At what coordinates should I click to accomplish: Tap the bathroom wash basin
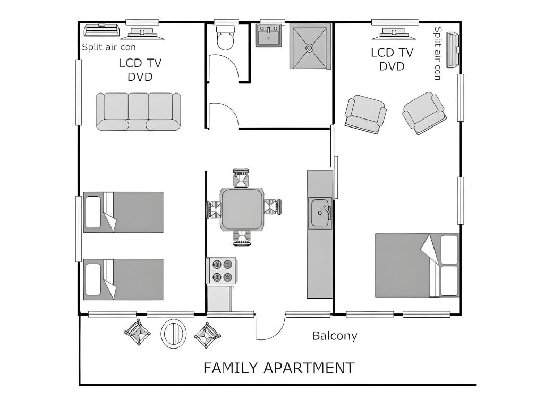tap(269, 35)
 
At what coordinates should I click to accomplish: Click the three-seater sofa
tap(138, 112)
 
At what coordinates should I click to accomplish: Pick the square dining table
tap(242, 209)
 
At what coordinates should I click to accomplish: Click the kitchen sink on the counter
tap(320, 213)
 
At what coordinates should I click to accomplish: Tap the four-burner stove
tap(222, 270)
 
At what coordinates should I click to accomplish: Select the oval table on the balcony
tap(174, 334)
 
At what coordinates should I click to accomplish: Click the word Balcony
tap(335, 336)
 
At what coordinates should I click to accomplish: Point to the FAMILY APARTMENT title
tap(278, 368)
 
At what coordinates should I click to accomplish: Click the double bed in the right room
tap(416, 265)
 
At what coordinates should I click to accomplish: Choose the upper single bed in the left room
tap(123, 212)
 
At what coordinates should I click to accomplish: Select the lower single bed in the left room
tap(123, 279)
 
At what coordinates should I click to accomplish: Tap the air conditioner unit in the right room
tap(453, 49)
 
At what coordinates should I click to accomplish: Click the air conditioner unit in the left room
tap(101, 30)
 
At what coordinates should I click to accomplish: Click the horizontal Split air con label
tap(108, 47)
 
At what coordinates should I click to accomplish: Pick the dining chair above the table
tap(241, 178)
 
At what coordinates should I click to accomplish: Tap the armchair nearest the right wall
tap(424, 113)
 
